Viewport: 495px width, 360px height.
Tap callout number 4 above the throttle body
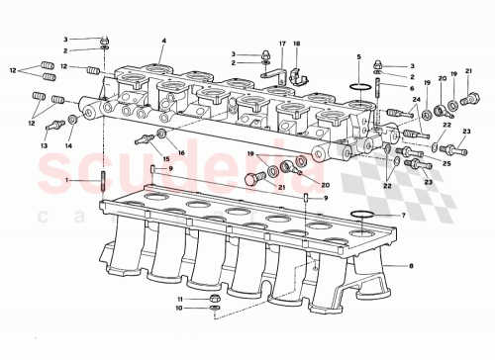(x=162, y=41)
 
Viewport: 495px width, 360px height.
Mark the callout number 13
(x=44, y=144)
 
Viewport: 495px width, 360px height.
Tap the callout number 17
(x=281, y=44)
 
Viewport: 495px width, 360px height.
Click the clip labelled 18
(x=294, y=71)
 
